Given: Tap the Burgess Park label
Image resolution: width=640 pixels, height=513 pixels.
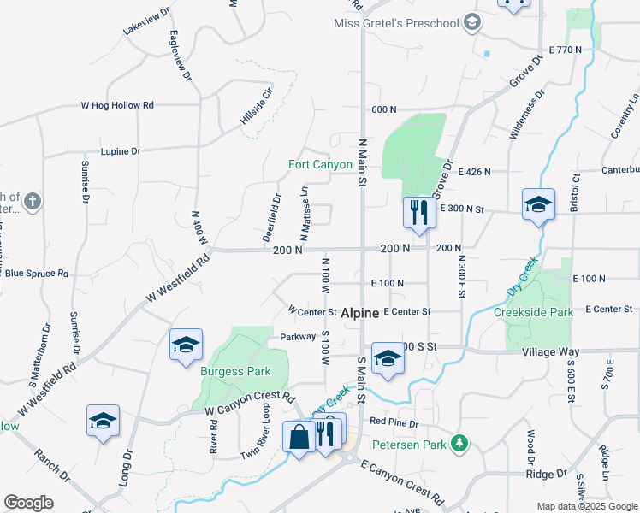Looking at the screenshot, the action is tap(235, 371).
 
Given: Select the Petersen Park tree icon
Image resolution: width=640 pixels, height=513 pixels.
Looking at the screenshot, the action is tap(460, 442).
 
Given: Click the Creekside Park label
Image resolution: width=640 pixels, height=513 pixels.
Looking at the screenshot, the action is tap(533, 312).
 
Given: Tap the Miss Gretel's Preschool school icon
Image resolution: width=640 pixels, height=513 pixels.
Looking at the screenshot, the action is tap(471, 23).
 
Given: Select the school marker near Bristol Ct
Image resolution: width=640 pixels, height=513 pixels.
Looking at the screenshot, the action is tap(538, 205).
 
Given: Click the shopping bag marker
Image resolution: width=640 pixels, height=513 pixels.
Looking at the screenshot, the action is tap(299, 438).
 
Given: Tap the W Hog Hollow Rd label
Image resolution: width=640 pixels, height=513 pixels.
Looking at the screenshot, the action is tap(117, 106).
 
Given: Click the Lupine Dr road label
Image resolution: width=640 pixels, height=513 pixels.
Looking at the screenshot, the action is tap(120, 151).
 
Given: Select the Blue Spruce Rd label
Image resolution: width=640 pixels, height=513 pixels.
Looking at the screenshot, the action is tap(36, 274).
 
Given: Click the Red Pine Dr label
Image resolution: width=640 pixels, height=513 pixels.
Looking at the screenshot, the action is tap(394, 422).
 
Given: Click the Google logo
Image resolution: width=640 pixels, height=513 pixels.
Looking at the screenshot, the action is tap(28, 503).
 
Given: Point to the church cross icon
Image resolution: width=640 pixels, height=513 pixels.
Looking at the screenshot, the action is tap(32, 202).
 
